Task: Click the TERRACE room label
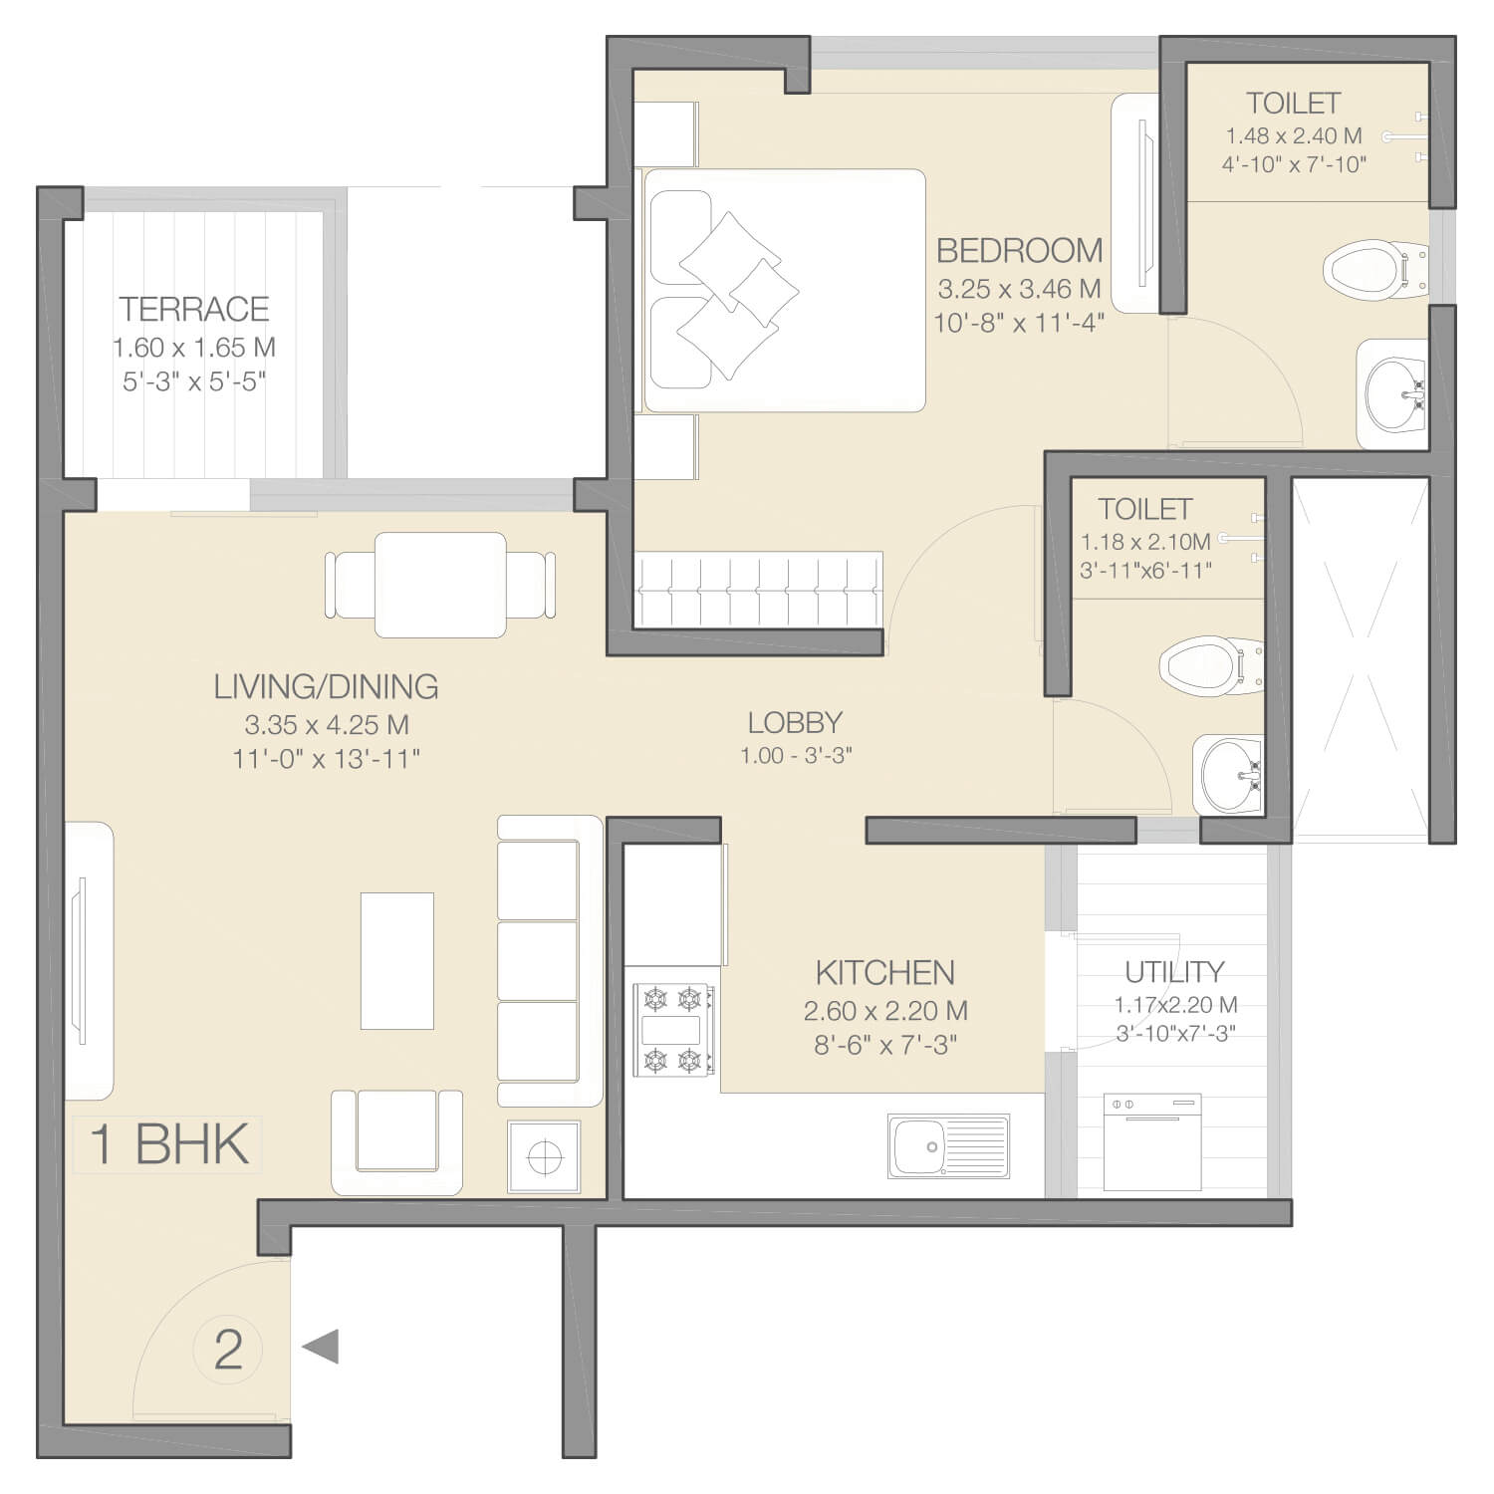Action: click(x=194, y=309)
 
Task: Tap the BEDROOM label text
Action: click(x=1020, y=250)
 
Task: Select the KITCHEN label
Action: click(x=885, y=972)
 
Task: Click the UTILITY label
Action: click(x=1174, y=971)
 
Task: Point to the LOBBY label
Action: click(x=795, y=722)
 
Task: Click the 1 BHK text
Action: click(x=169, y=1144)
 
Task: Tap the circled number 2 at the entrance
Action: click(x=228, y=1350)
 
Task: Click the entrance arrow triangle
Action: click(x=321, y=1347)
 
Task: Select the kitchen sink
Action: click(x=947, y=1146)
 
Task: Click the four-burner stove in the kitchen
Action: click(x=674, y=1030)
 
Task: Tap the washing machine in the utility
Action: click(x=1152, y=1141)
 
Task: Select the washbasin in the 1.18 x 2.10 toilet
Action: click(x=1229, y=774)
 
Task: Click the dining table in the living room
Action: click(x=440, y=585)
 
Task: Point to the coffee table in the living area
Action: click(x=396, y=960)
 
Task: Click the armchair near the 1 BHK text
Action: click(x=396, y=1141)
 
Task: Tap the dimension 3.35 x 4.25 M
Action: click(x=327, y=724)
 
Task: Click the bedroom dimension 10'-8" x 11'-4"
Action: click(x=1019, y=323)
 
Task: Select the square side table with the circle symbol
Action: click(x=544, y=1156)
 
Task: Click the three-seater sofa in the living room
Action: click(x=550, y=961)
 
